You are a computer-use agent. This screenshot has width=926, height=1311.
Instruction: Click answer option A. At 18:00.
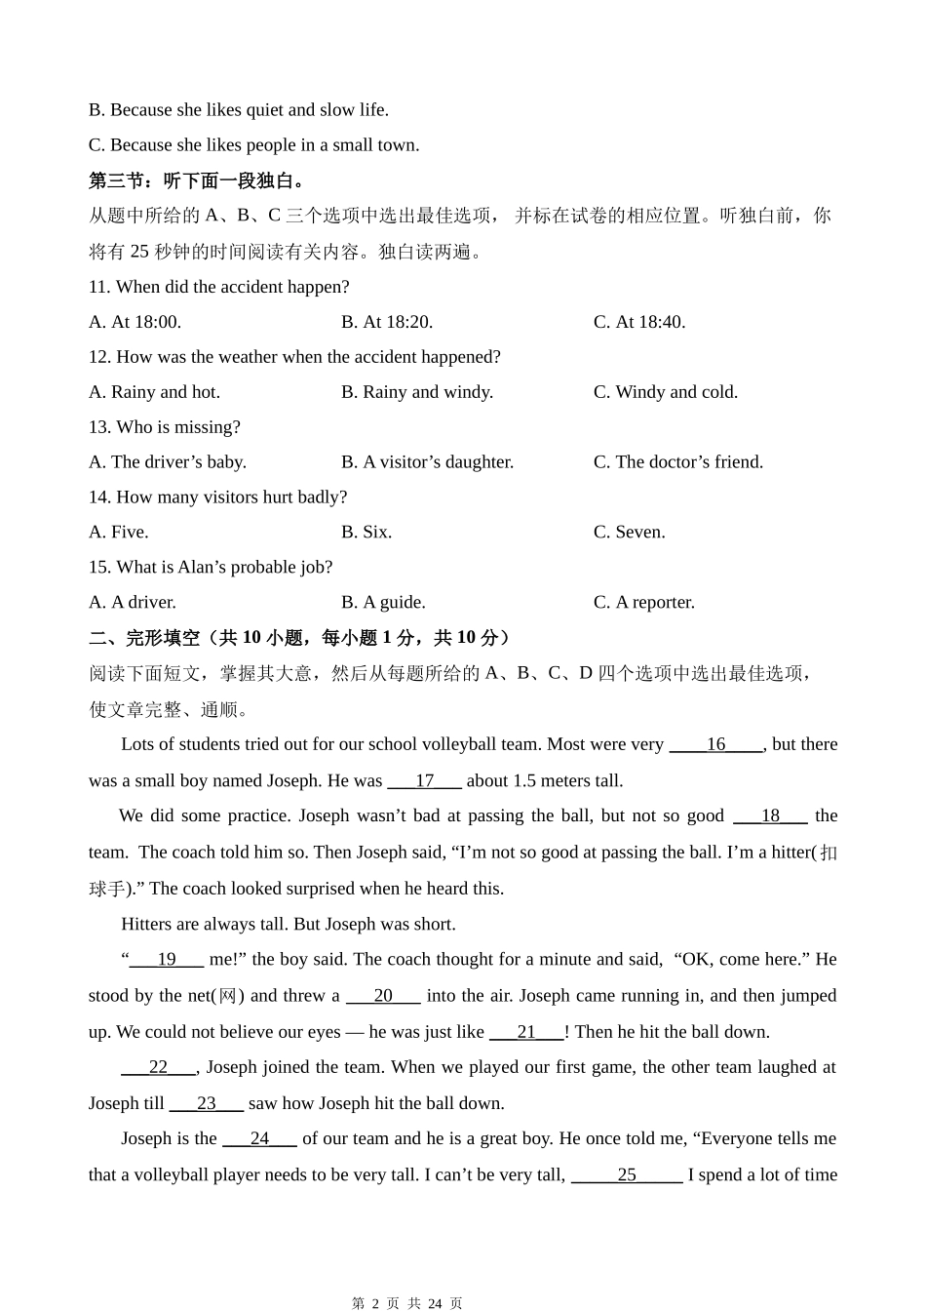pos(135,322)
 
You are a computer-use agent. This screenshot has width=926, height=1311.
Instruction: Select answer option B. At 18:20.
pos(387,322)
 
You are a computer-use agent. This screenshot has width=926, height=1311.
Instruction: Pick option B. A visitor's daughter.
pos(427,462)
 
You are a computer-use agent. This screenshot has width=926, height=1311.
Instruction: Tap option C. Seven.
pos(629,533)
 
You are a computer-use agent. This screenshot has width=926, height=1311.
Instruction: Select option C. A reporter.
pos(643,603)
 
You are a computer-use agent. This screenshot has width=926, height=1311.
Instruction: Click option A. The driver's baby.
pos(167,462)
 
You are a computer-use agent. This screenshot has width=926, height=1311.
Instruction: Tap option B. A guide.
pos(383,603)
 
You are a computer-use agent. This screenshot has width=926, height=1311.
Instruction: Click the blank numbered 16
pos(715,744)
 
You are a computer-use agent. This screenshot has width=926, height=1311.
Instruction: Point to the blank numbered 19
pos(166,960)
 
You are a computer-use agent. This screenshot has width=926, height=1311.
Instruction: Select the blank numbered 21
pos(526,1032)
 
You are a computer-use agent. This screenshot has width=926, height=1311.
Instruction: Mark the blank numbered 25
pos(627,1175)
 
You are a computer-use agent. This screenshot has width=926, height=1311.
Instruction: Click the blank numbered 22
pos(158,1068)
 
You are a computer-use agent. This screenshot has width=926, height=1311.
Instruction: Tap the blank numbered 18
pos(770,816)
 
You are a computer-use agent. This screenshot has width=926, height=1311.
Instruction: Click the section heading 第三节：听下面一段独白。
pos(199,180)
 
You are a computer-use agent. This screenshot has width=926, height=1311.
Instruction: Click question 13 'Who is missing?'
pos(164,427)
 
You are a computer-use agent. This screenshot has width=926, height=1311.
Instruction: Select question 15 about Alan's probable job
pos(211,568)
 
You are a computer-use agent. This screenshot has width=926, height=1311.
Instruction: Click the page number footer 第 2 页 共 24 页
pos(406,1302)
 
